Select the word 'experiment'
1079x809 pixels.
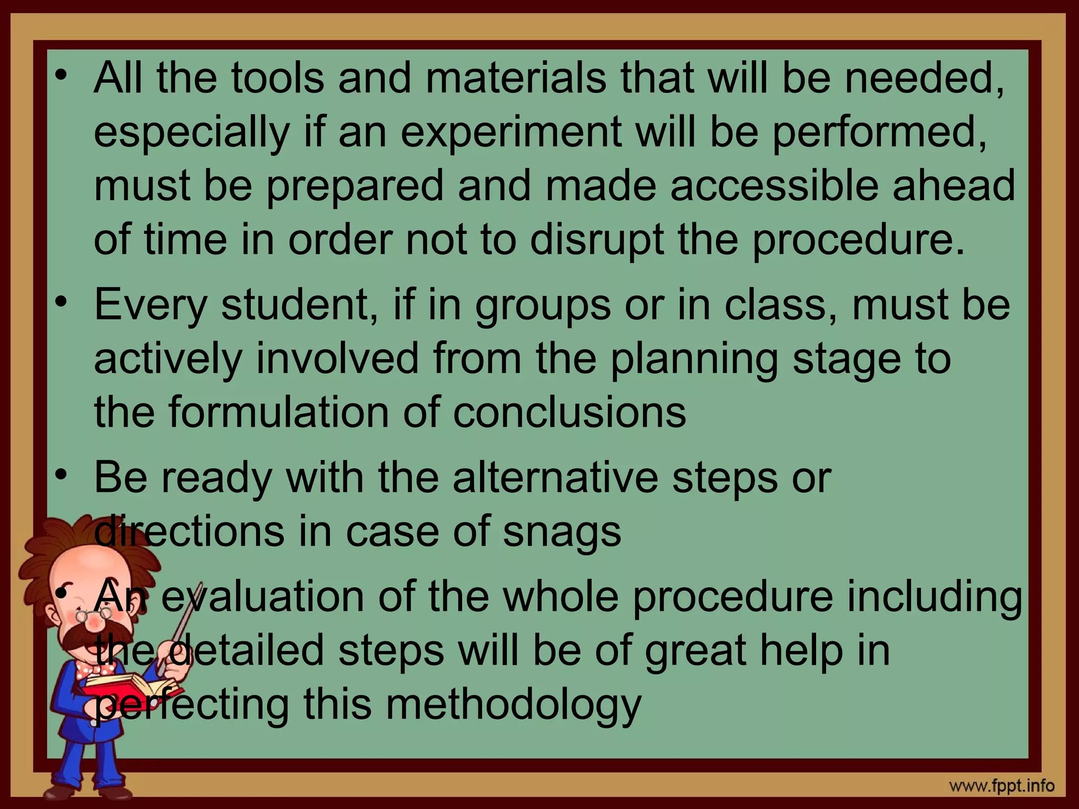pyautogui.click(x=511, y=132)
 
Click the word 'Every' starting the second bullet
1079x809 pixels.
pyautogui.click(x=151, y=305)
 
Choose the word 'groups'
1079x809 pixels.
pyautogui.click(x=543, y=307)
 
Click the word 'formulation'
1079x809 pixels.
pyautogui.click(x=279, y=412)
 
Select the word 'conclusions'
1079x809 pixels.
pyautogui.click(x=570, y=412)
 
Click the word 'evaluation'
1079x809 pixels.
pyautogui.click(x=262, y=597)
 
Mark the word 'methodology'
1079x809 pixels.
pyautogui.click(x=513, y=706)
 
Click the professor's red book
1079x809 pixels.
pyautogui.click(x=126, y=688)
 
